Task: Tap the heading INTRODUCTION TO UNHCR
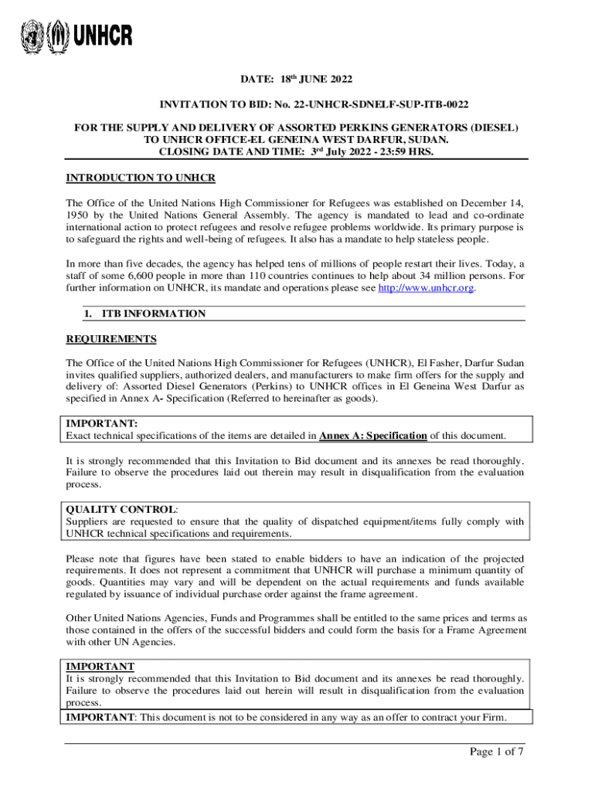pos(141,178)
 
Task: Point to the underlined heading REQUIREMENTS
pos(111,339)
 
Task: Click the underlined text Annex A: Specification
pos(373,436)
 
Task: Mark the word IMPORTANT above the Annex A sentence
pos(102,424)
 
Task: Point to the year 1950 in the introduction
pos(79,216)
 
